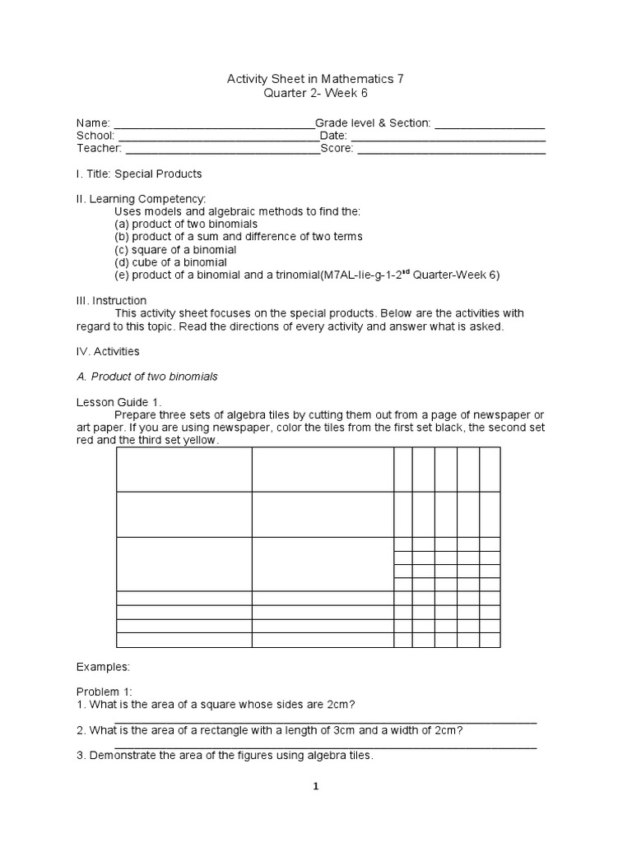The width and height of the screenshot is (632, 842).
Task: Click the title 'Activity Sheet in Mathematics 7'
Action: [315, 80]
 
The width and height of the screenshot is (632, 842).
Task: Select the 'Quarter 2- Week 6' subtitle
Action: [315, 94]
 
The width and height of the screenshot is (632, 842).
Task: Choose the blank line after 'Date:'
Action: [448, 137]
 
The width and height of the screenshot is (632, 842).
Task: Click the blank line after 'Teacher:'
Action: [222, 150]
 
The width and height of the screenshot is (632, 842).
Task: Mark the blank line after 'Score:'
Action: [451, 150]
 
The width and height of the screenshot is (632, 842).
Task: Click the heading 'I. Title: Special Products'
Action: [139, 174]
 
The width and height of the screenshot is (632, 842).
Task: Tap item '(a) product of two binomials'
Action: [186, 224]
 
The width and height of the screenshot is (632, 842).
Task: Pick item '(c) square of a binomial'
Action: [175, 249]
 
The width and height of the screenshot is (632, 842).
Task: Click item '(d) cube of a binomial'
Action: [170, 262]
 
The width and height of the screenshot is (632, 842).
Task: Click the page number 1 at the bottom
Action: [315, 786]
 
